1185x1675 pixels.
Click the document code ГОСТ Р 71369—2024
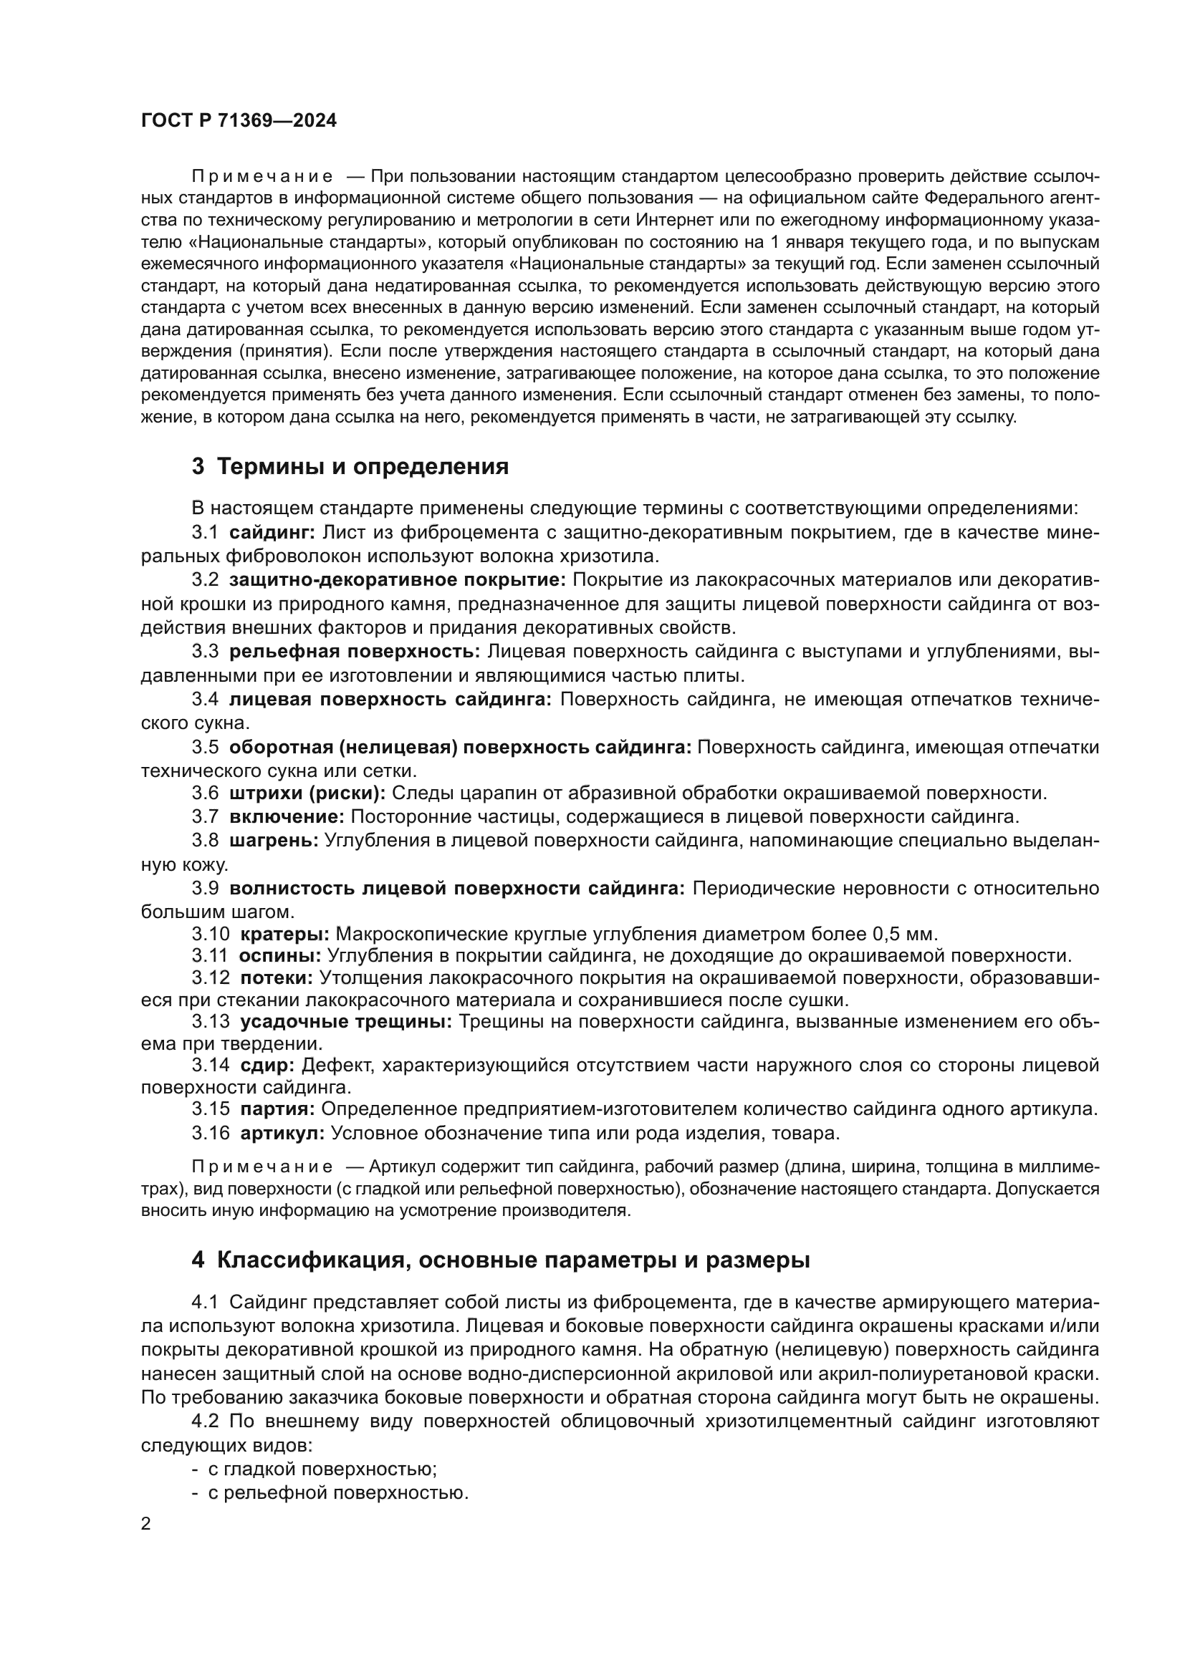pyautogui.click(x=239, y=121)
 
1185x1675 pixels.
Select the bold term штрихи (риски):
pyautogui.click(x=307, y=793)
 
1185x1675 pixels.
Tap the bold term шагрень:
pyautogui.click(x=274, y=841)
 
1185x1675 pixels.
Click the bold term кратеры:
pyautogui.click(x=284, y=935)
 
